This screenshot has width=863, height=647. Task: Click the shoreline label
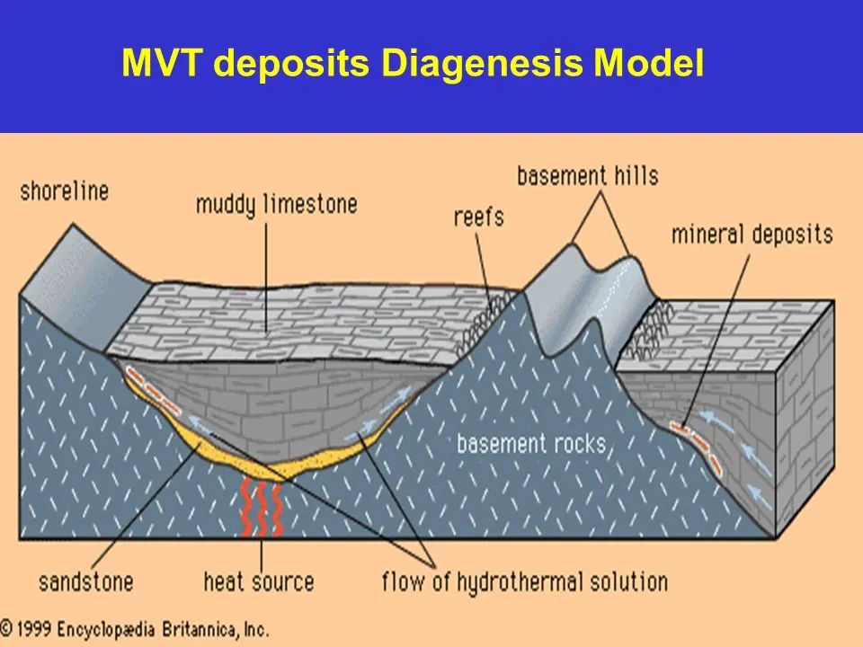(64, 191)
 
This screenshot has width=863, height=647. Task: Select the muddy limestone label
(276, 205)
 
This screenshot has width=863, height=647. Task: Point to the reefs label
(479, 217)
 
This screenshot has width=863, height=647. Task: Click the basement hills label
(588, 175)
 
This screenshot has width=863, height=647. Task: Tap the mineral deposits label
(752, 235)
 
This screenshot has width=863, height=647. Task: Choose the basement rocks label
(530, 443)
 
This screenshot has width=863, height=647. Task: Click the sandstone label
(85, 582)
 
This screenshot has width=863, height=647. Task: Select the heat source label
(259, 582)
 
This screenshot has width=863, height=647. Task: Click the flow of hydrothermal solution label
(524, 582)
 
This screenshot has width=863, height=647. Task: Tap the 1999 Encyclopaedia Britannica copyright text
(135, 628)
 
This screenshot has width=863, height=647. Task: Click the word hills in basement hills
(636, 175)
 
